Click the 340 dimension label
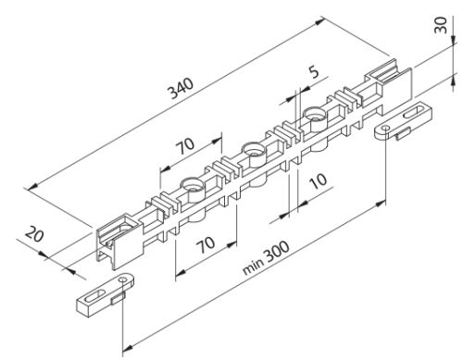point(181,89)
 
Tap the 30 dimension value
point(441,25)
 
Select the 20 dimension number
point(34,234)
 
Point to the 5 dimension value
point(314,72)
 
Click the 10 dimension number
point(318,180)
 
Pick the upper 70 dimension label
point(185,146)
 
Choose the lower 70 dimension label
point(206,244)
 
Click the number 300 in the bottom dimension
point(277,251)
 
